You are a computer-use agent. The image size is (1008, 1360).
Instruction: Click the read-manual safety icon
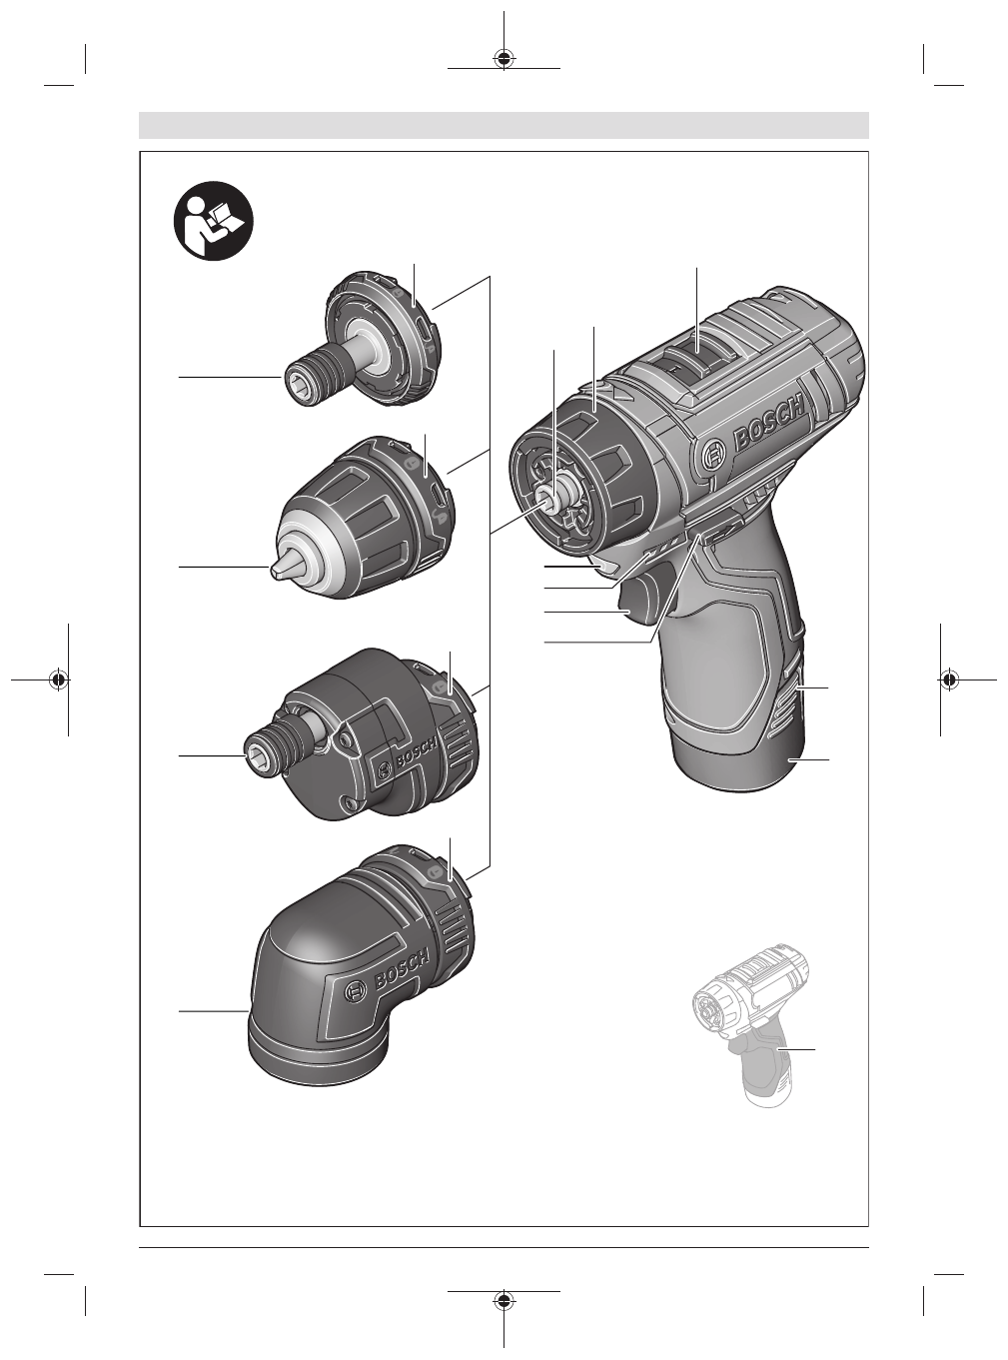213,222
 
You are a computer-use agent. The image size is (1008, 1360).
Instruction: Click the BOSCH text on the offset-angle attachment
417,754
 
